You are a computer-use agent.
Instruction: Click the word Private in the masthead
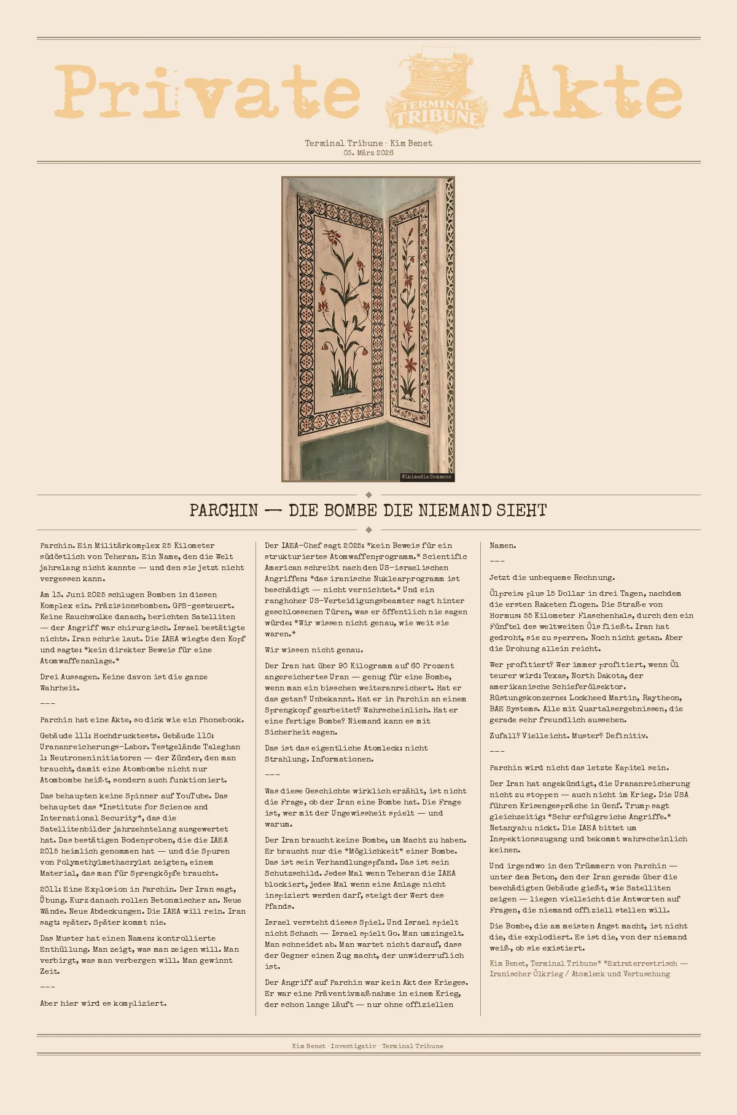click(x=207, y=92)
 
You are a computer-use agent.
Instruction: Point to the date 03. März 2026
click(x=368, y=153)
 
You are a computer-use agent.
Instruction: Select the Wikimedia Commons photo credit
click(x=426, y=477)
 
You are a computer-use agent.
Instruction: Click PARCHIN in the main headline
click(x=224, y=511)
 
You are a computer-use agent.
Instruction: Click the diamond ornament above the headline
click(x=368, y=495)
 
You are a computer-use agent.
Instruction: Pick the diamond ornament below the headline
click(x=368, y=530)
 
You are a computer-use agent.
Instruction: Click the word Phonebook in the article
click(x=220, y=720)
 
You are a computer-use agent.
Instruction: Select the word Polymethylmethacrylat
click(x=103, y=862)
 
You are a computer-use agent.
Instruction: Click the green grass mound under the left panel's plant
click(x=345, y=388)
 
